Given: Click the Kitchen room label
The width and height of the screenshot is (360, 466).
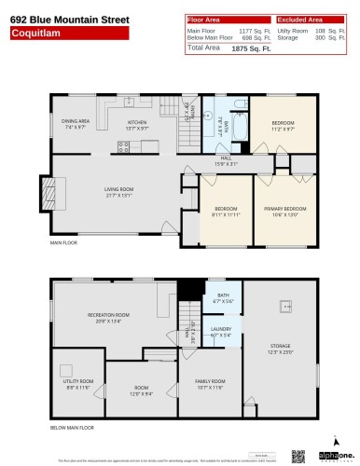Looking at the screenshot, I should tap(137, 124).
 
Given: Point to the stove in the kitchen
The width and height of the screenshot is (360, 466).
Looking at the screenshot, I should tap(122, 144).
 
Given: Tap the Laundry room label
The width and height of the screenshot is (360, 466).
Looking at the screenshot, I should tap(220, 331).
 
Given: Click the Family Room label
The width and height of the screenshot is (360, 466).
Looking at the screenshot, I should tap(210, 383).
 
